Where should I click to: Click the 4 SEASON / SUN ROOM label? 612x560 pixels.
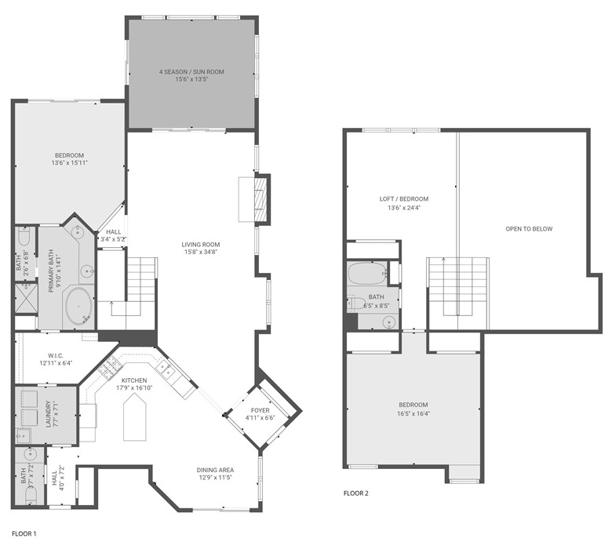(191, 72)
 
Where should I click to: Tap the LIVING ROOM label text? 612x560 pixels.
(201, 245)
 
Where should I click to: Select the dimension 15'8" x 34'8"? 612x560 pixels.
(201, 252)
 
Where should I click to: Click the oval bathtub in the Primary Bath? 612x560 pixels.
(78, 307)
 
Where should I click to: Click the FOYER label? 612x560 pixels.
(260, 410)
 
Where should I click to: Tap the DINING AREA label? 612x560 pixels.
(215, 470)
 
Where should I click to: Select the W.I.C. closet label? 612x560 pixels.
(56, 355)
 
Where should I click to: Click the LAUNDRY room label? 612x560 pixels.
(49, 414)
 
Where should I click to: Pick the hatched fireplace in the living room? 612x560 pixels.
(260, 199)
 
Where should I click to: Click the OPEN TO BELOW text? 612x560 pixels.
(529, 229)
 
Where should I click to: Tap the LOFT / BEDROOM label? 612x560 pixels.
(404, 199)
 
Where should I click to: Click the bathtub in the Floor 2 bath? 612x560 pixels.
(367, 274)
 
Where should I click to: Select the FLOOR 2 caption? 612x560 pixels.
(356, 493)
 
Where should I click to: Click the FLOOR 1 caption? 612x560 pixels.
(24, 534)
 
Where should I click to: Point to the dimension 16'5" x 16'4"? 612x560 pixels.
(413, 413)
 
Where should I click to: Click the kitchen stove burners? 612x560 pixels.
(111, 367)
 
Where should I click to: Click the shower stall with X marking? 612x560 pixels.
(26, 298)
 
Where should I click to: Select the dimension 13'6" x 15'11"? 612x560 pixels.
(70, 162)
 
